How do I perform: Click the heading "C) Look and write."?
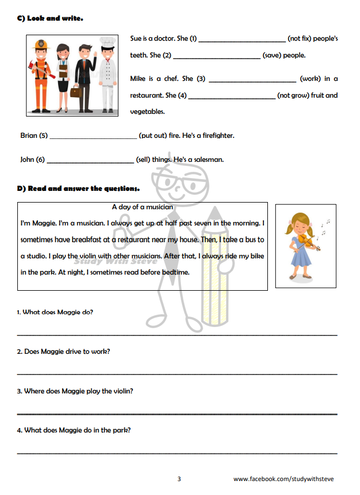point(50,18)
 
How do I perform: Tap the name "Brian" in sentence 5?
point(28,136)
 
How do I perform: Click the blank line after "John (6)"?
point(90,161)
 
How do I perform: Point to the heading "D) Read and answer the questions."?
point(78,189)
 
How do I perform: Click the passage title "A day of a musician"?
point(142,207)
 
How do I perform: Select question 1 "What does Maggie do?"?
point(55,312)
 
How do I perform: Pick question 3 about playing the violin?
point(75,391)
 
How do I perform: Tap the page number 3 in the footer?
point(179,479)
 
